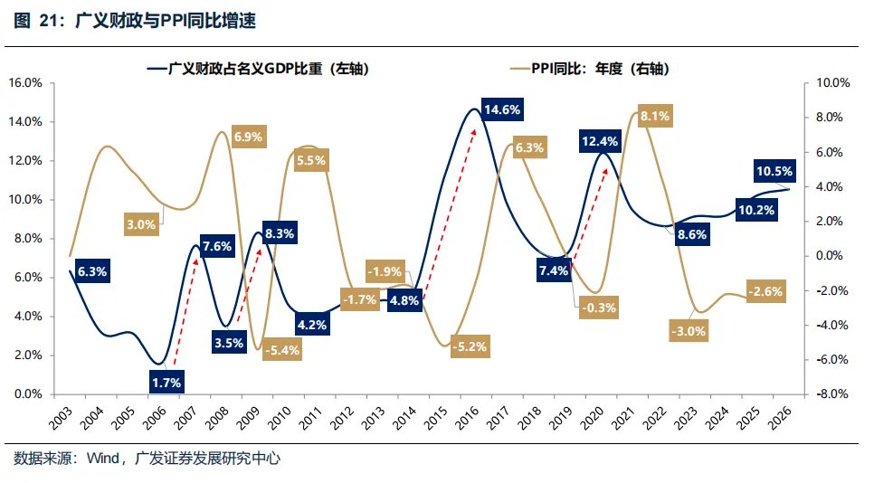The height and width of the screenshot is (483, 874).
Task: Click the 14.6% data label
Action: click(502, 110)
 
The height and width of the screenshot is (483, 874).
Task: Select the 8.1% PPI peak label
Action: click(654, 116)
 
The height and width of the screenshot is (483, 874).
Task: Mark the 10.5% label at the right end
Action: click(774, 171)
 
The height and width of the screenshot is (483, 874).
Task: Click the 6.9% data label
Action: click(248, 137)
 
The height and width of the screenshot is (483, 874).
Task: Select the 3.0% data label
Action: click(141, 223)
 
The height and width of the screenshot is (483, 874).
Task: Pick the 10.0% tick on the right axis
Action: click(830, 82)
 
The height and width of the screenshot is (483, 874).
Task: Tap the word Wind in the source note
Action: click(104, 459)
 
